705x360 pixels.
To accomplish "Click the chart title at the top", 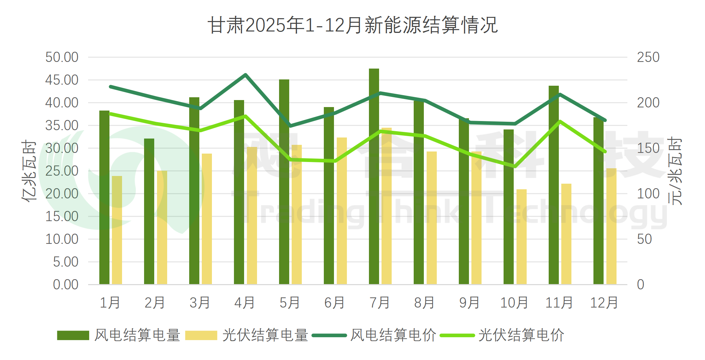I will click(x=352, y=25).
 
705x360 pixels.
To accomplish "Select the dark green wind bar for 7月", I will click(x=374, y=177).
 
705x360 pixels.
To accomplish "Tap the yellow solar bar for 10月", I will click(x=521, y=237).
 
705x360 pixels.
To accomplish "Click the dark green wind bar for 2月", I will click(x=149, y=212).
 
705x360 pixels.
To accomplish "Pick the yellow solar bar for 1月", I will click(x=117, y=230).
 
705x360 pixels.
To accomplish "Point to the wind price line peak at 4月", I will click(x=245, y=75).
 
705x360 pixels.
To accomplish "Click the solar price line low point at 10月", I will click(x=515, y=167).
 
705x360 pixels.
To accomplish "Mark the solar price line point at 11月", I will click(x=560, y=121).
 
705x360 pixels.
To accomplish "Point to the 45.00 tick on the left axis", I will click(x=62, y=80).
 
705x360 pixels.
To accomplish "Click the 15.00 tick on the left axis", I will click(x=62, y=217).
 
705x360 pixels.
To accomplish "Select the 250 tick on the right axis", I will click(x=648, y=57).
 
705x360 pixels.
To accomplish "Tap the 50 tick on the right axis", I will click(x=644, y=239).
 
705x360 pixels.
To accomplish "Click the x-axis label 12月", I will click(x=604, y=303).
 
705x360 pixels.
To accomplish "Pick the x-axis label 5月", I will click(x=290, y=303).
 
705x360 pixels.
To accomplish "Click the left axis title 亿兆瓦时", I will click(x=29, y=171).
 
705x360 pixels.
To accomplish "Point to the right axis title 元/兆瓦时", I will click(x=675, y=171).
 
